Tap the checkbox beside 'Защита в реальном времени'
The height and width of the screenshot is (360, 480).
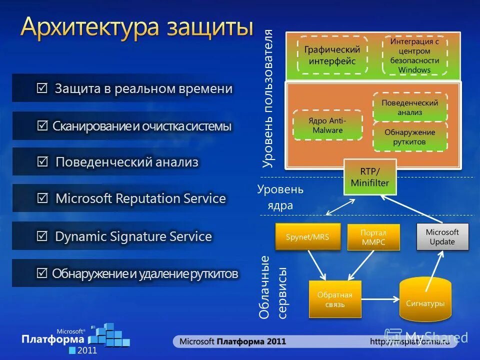click(42, 88)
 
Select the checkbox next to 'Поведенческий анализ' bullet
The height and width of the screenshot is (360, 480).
click(43, 162)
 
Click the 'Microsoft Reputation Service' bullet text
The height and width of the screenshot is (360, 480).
click(140, 198)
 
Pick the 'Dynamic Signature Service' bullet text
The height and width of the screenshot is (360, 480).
click(133, 236)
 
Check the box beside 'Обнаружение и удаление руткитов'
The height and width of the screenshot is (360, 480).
click(42, 273)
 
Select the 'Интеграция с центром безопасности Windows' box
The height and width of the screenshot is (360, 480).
click(414, 55)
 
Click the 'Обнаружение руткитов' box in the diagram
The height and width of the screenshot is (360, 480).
click(409, 137)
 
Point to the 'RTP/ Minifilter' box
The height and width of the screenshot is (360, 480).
click(370, 177)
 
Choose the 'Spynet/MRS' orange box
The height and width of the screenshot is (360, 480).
click(307, 236)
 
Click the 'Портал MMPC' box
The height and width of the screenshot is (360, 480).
click(373, 237)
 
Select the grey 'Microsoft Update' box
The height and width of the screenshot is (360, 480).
click(442, 236)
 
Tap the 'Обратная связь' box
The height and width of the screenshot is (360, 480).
click(334, 299)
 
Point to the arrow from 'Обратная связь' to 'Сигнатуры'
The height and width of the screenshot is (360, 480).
click(380, 299)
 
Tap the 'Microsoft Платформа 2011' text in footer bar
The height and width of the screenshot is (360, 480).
click(232, 341)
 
